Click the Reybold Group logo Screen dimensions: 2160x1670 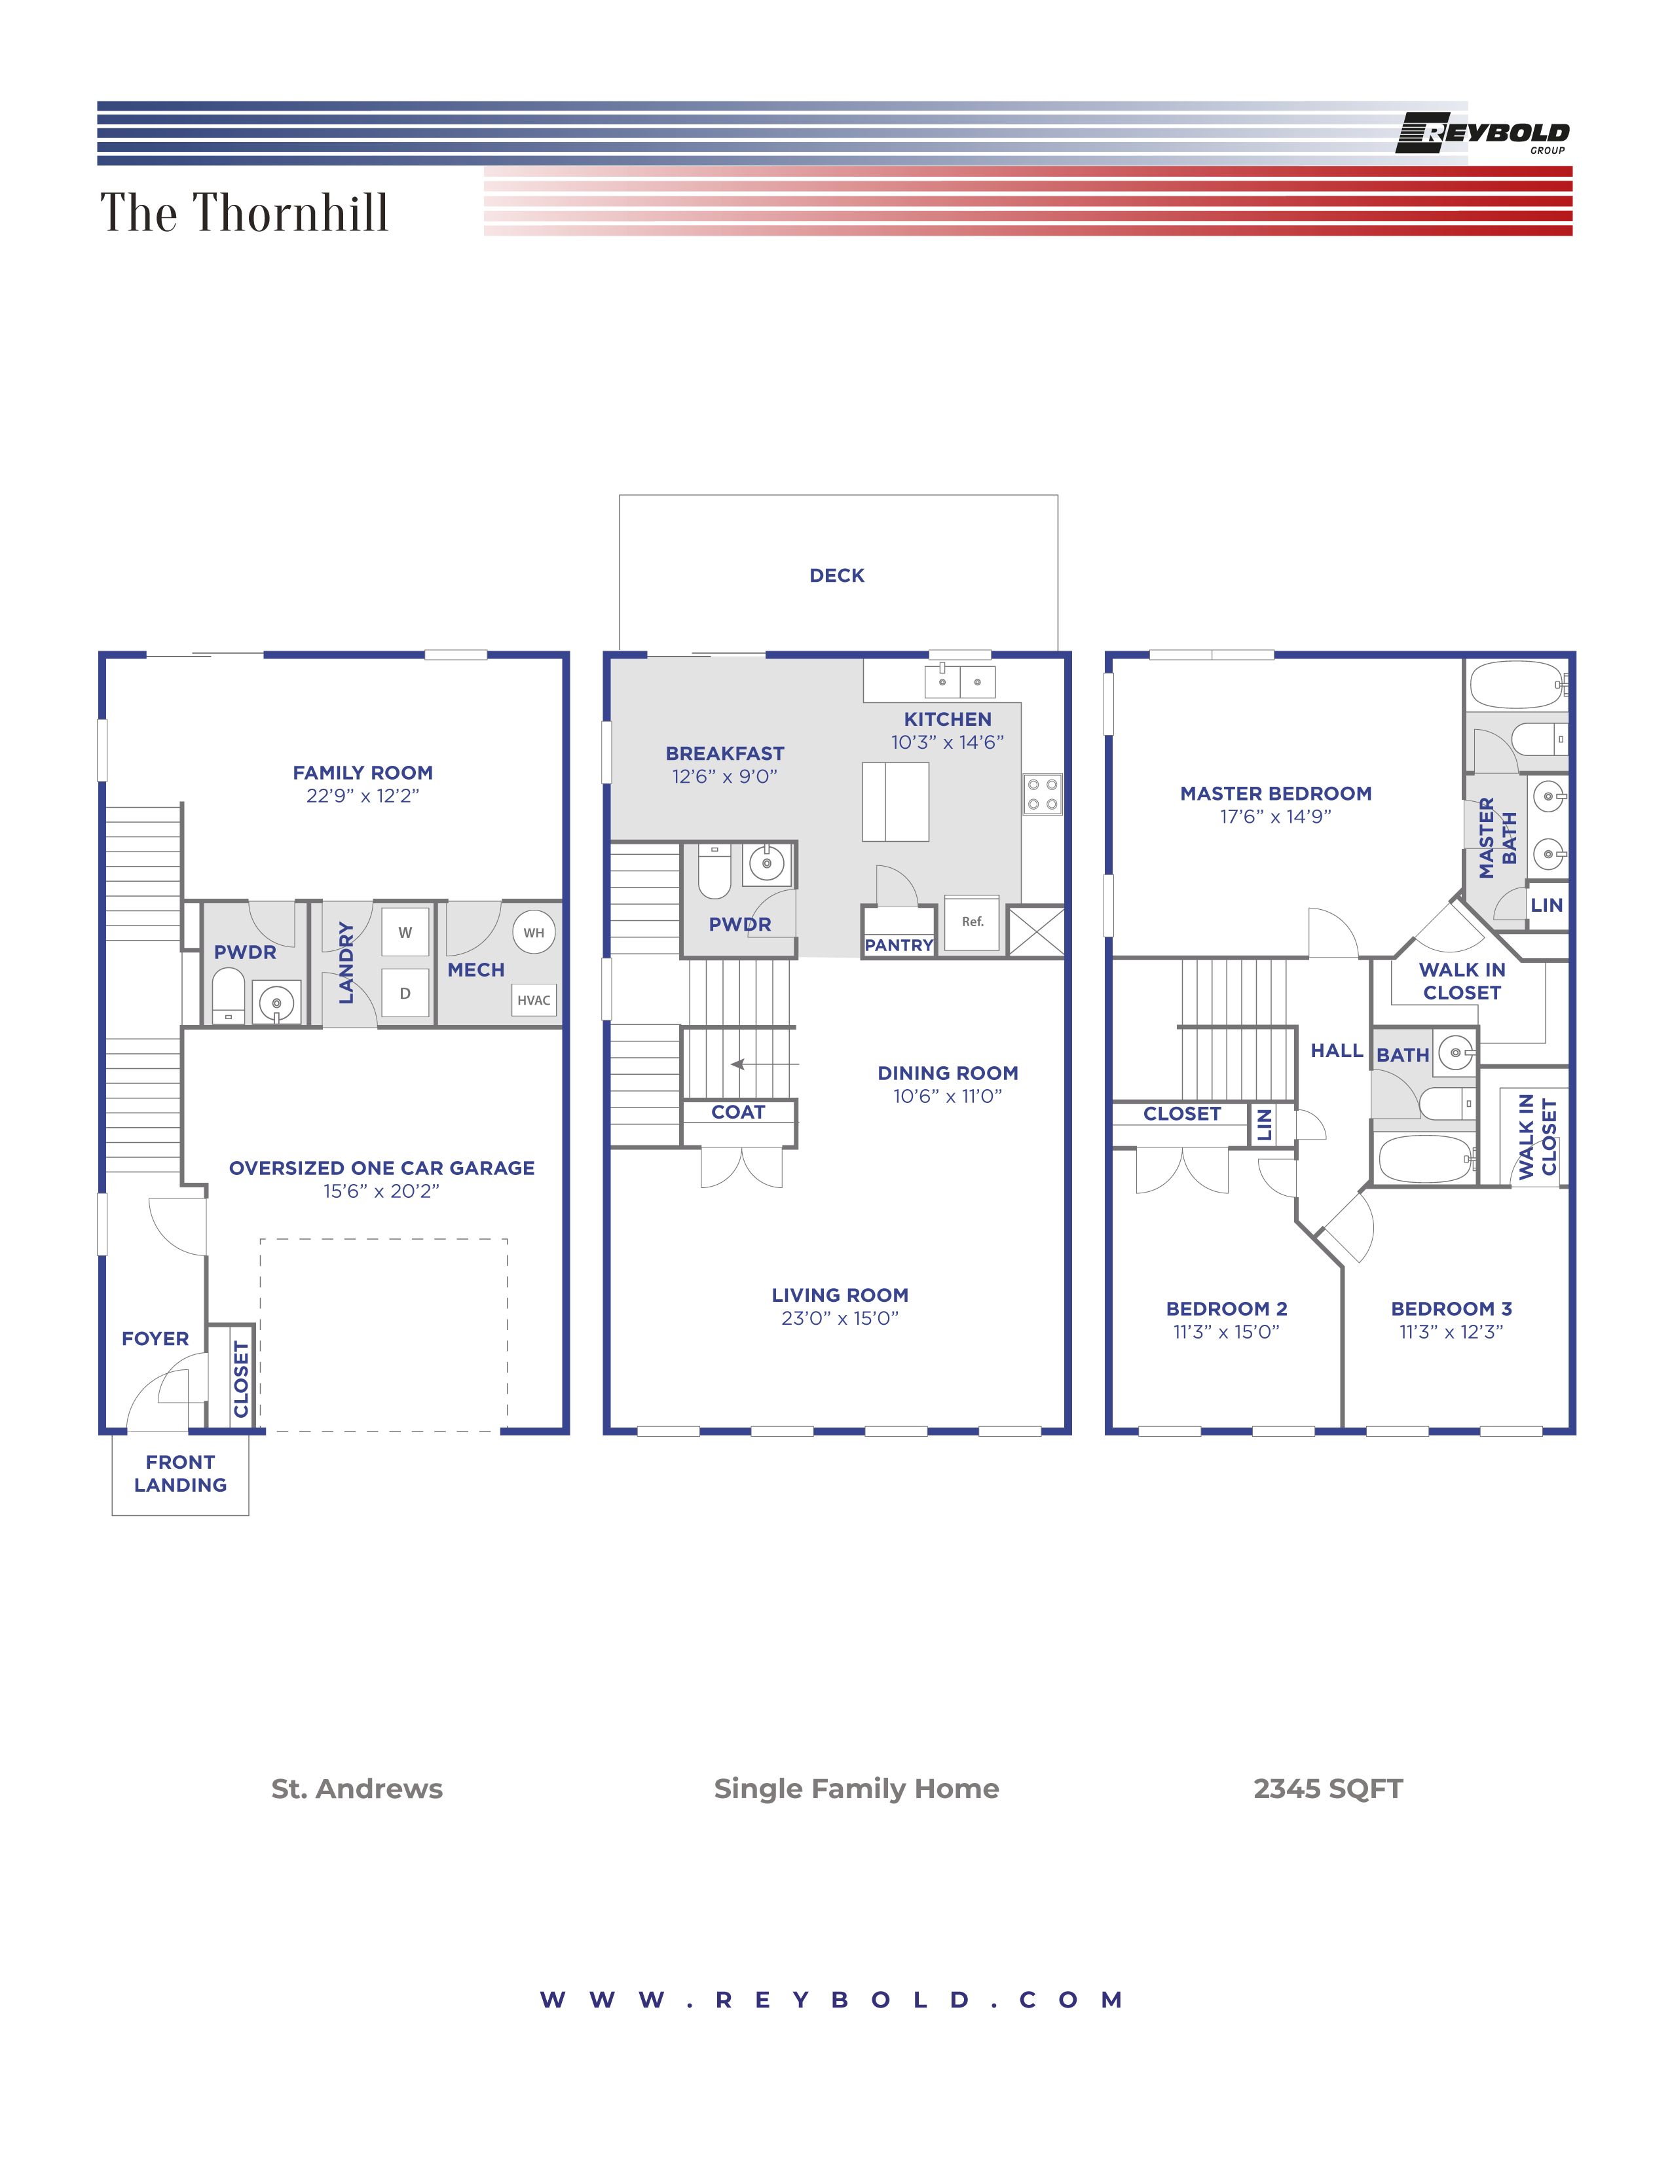(x=1481, y=134)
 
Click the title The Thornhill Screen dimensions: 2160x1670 (x=244, y=213)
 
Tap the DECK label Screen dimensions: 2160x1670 (x=837, y=575)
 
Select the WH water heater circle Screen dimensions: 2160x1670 (x=533, y=933)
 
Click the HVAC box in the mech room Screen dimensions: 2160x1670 (x=533, y=1000)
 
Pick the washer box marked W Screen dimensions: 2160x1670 (x=405, y=933)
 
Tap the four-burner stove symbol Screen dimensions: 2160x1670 (x=1042, y=794)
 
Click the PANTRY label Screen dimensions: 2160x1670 (x=899, y=946)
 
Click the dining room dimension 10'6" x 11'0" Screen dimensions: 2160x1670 (x=947, y=1096)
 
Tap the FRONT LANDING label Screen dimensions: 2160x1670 (x=180, y=1473)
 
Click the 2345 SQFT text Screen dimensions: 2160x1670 (x=1327, y=1789)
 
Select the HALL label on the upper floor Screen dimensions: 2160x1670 (x=1335, y=1051)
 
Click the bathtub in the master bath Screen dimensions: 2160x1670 (x=1515, y=685)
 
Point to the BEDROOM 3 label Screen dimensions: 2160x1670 (x=1451, y=1308)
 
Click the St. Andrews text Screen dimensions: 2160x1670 (x=357, y=1789)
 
